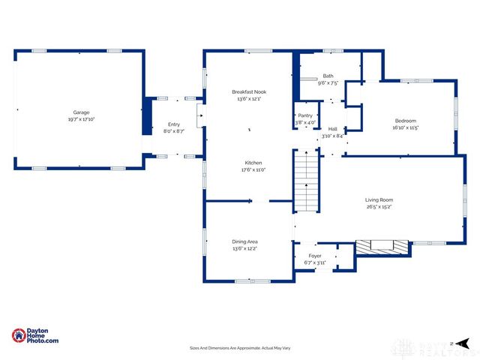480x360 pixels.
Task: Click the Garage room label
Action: [81, 112]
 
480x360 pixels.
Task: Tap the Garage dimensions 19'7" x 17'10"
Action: [81, 119]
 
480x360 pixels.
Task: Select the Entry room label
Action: [174, 124]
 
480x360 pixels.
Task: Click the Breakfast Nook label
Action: [249, 91]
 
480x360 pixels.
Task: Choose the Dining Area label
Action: [245, 241]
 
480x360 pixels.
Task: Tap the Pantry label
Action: [305, 115]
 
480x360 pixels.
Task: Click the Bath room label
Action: [328, 76]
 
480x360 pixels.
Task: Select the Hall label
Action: [332, 129]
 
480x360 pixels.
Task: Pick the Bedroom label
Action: [406, 121]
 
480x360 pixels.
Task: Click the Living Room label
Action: [379, 199]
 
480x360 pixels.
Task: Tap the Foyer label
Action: [315, 244]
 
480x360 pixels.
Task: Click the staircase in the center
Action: [305, 180]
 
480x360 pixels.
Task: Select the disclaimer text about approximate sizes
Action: [239, 348]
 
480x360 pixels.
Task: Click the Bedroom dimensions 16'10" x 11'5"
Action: [406, 127]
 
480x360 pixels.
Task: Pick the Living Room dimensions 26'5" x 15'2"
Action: [379, 207]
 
